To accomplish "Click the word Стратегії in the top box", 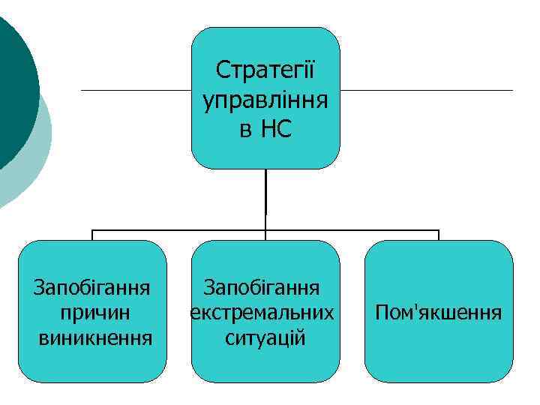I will point(265,70).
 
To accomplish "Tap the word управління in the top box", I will point(265,100).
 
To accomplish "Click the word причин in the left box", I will point(92,311).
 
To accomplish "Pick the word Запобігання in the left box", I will point(92,286).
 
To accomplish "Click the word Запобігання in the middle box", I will point(262,286).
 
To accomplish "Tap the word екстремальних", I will point(262,311).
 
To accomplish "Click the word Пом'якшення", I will point(439,311).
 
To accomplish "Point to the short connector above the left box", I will point(92,235).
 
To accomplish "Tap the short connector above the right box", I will point(439,235).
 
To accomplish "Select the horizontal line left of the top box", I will point(135,91).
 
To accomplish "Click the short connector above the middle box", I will point(265,235).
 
